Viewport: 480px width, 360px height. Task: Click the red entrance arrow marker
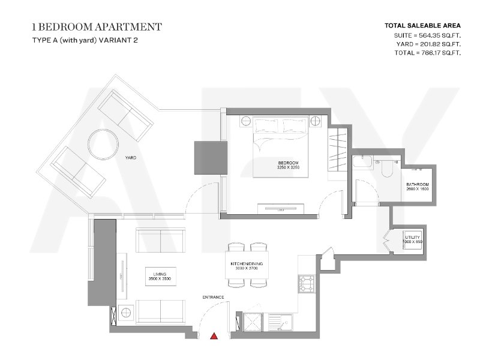[x=214, y=336]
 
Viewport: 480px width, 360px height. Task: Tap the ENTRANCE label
[x=214, y=297]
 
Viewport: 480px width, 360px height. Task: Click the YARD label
[x=131, y=158]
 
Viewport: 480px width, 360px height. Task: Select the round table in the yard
[x=103, y=144]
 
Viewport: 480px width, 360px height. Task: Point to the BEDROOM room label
[x=288, y=163]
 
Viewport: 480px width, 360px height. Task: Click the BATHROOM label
[x=418, y=185]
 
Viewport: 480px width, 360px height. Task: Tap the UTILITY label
[x=413, y=237]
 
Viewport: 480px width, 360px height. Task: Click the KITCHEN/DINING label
[x=247, y=263]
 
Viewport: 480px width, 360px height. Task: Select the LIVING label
[x=160, y=274]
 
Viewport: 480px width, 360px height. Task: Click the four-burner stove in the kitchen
[x=307, y=284]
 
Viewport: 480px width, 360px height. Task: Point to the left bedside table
[x=246, y=121]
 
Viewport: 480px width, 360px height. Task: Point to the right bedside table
[x=315, y=121]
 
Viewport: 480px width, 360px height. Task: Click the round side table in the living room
[x=126, y=313]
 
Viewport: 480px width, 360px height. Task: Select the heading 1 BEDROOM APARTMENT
[x=97, y=27]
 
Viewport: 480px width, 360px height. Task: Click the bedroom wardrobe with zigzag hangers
[x=338, y=149]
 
